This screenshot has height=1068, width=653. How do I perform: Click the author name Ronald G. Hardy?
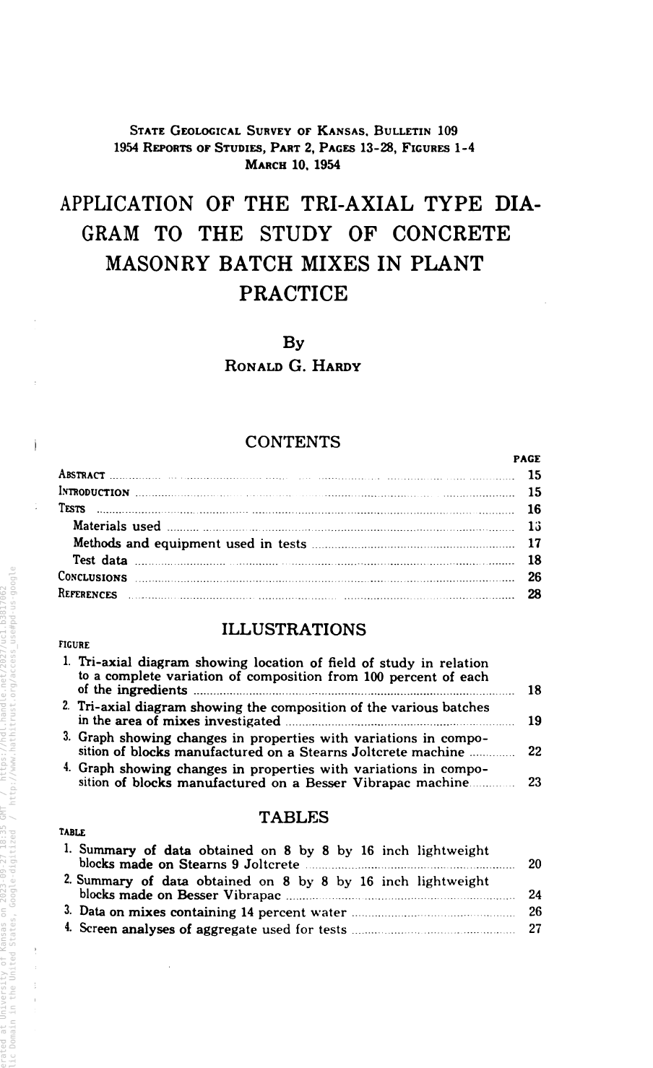click(x=293, y=365)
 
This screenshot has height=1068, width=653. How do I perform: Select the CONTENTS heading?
click(x=293, y=442)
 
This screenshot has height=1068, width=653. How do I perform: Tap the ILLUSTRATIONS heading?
click(x=293, y=629)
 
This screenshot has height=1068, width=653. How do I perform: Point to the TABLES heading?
click(x=293, y=817)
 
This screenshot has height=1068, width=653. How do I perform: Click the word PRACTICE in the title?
click(x=293, y=294)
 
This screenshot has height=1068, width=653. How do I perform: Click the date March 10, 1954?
click(x=293, y=164)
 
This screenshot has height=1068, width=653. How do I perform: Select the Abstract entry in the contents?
click(x=82, y=475)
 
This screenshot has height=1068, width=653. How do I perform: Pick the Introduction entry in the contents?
click(x=94, y=492)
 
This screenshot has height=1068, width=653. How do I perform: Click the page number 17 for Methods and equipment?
click(x=535, y=543)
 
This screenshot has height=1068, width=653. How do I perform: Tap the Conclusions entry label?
click(x=92, y=578)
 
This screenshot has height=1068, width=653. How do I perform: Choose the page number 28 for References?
click(x=535, y=594)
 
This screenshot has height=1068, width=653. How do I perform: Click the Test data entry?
click(x=100, y=560)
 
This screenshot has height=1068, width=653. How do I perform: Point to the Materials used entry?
click(x=117, y=526)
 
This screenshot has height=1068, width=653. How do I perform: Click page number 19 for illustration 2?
click(x=535, y=721)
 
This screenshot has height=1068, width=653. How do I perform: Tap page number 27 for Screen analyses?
click(x=535, y=929)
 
